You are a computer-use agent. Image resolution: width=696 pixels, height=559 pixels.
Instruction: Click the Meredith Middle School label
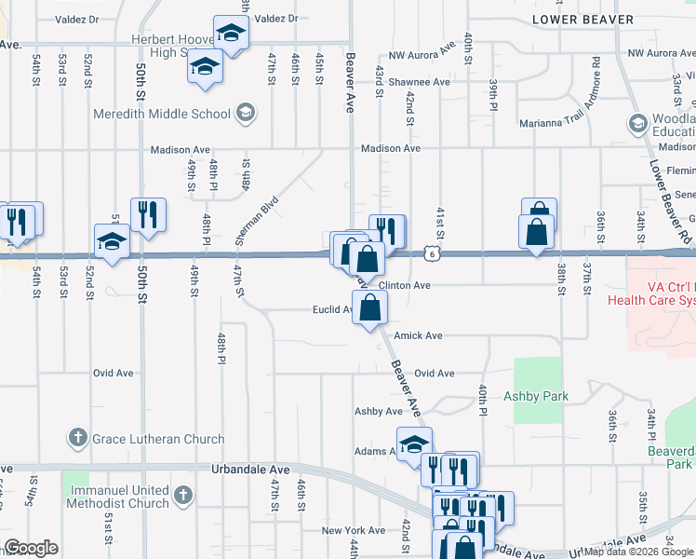coord(161,115)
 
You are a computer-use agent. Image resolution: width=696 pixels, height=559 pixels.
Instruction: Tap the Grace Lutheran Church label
coord(157,439)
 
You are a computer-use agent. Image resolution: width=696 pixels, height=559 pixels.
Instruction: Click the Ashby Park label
coord(535,396)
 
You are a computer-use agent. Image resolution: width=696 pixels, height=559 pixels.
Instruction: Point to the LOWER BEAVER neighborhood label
coord(582,19)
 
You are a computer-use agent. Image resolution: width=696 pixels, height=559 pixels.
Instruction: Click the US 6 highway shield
coord(430,253)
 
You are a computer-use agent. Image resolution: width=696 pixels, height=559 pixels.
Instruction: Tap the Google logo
coord(31,548)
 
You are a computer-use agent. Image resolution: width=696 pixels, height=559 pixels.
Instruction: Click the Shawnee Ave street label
coord(419,82)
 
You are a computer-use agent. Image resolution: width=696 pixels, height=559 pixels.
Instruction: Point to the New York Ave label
coord(353,530)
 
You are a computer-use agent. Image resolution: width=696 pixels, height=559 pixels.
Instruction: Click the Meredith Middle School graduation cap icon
coord(245,114)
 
